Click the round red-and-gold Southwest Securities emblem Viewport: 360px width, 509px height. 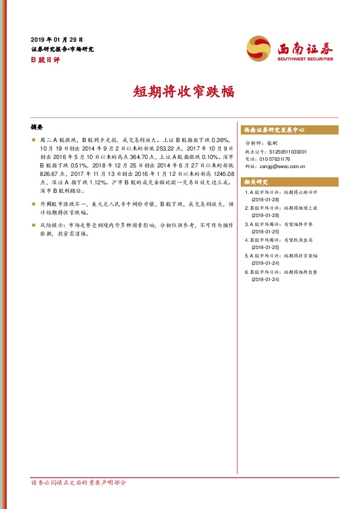pos(259,48)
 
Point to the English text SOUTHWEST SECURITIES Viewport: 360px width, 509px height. pos(305,59)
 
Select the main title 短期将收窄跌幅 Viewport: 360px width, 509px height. pos(180,92)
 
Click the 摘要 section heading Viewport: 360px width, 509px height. pos(36,128)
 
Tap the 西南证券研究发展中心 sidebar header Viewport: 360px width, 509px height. pos(273,130)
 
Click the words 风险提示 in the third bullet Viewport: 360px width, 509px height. pos(51,224)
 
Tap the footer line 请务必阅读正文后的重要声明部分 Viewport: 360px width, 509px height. pos(79,483)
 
